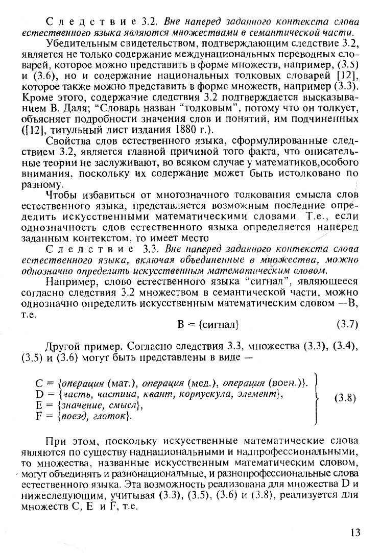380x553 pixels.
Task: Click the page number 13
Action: click(355, 533)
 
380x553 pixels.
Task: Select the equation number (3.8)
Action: click(347, 398)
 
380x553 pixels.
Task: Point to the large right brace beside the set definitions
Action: click(318, 398)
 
